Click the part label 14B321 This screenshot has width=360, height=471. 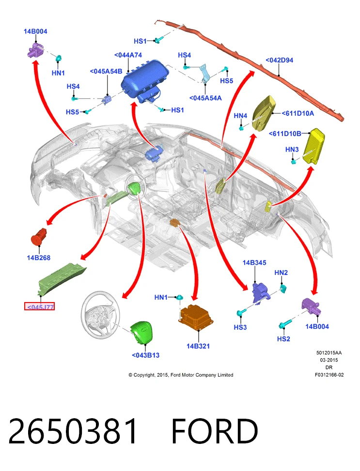tap(198, 346)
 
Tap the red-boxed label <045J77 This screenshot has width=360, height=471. tap(39, 306)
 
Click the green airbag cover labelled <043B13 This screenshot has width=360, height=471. tap(142, 332)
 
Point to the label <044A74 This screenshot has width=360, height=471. tap(128, 55)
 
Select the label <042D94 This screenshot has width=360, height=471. tap(280, 60)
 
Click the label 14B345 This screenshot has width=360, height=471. tap(254, 262)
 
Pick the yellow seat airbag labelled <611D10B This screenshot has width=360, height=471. tap(313, 146)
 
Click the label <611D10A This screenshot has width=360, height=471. tap(298, 113)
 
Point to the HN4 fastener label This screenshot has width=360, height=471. tap(240, 116)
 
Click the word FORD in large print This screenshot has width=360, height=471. tap(215, 431)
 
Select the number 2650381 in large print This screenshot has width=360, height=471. tap(73, 431)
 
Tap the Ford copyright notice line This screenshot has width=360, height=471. tap(181, 375)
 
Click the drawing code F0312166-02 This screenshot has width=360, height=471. tap(329, 375)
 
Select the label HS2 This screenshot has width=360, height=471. tap(283, 339)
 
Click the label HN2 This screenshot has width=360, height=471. tap(281, 273)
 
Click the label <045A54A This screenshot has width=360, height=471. tap(205, 98)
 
